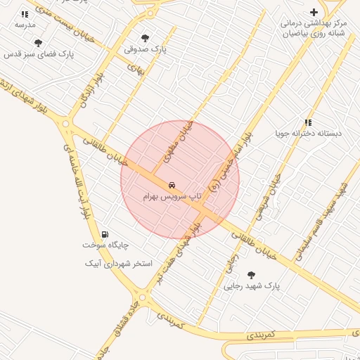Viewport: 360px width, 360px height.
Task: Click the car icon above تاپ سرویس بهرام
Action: tap(173, 185)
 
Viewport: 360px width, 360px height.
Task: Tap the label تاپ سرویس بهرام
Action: tap(173, 196)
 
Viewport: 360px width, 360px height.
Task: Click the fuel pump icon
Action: tap(105, 234)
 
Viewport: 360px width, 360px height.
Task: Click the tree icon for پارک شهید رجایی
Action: tap(251, 275)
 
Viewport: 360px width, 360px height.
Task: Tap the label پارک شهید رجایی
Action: tap(252, 286)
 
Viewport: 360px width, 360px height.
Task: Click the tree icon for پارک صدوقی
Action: tap(145, 38)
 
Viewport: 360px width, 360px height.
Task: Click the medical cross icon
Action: tap(314, 12)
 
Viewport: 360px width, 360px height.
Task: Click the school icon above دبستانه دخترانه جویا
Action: tap(308, 122)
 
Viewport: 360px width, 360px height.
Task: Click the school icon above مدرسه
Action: tap(25, 13)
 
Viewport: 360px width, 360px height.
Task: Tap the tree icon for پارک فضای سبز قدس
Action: tap(38, 43)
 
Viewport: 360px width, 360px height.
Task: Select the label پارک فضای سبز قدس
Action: tap(39, 53)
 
